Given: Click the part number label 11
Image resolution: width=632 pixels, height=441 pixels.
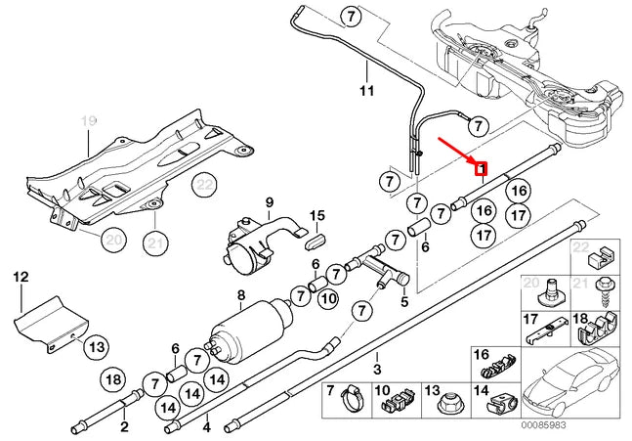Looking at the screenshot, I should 366,92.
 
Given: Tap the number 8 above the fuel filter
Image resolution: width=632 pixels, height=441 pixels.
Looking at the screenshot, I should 241,295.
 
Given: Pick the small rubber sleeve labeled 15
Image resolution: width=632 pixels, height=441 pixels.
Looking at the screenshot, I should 316,237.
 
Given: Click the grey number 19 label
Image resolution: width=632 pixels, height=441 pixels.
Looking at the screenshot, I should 89,120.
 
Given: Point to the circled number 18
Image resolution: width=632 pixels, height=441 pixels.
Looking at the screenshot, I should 113,379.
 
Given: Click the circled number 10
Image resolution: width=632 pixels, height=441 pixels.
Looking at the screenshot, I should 328,297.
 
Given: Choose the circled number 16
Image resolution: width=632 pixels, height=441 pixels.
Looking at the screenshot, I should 518,191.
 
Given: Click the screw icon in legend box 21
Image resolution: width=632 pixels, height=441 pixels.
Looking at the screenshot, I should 603,291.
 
